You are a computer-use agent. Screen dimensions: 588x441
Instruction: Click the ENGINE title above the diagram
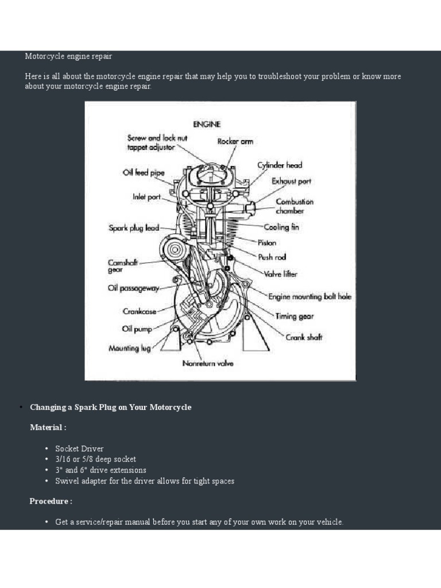(x=207, y=123)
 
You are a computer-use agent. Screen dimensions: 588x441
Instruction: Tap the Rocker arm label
(x=235, y=141)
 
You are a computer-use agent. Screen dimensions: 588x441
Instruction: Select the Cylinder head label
(x=280, y=165)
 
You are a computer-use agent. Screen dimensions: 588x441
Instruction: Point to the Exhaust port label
(x=291, y=181)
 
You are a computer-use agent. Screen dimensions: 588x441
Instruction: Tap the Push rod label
(x=272, y=257)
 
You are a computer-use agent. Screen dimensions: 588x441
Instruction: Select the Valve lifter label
(x=281, y=274)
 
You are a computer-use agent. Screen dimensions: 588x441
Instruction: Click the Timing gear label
(x=295, y=316)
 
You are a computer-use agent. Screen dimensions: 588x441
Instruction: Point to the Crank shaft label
(x=304, y=337)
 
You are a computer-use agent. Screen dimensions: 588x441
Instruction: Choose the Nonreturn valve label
(x=208, y=363)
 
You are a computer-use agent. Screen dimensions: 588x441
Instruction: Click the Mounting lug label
(x=130, y=348)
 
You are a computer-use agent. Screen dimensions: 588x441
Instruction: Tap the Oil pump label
(x=137, y=329)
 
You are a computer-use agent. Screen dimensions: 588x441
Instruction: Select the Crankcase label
(x=140, y=311)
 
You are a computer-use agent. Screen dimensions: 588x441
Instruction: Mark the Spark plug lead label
(x=134, y=228)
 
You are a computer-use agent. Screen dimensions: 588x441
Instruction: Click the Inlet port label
(x=147, y=196)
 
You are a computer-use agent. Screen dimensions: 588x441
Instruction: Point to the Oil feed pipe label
(x=144, y=172)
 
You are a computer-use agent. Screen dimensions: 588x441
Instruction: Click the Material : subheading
(x=48, y=427)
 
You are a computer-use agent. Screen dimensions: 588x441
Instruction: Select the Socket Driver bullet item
(x=79, y=448)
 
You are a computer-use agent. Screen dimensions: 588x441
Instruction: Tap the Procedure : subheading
(x=51, y=501)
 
